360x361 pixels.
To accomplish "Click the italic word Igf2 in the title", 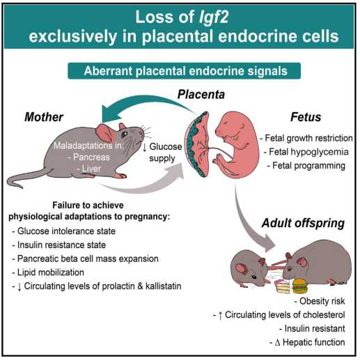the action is coord(214,17).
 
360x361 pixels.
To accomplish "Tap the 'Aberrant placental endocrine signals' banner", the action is coord(184,71).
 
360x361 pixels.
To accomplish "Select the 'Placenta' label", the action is coord(201,95).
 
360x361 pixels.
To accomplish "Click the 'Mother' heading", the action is coord(44,117).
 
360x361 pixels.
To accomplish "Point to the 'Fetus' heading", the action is coord(306,117).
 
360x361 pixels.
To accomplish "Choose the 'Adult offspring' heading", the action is coord(303,223).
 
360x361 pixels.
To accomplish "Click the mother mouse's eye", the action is coord(125,134).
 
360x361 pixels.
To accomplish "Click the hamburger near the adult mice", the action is coord(300,286).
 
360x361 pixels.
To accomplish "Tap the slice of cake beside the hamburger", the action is coord(283,286).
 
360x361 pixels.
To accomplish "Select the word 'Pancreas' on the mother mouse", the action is coord(91,158).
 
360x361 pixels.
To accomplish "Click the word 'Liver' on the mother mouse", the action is coord(91,169).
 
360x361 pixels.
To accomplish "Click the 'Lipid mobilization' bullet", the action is coord(48,272).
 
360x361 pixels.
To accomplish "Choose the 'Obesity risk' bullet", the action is coord(320,301).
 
